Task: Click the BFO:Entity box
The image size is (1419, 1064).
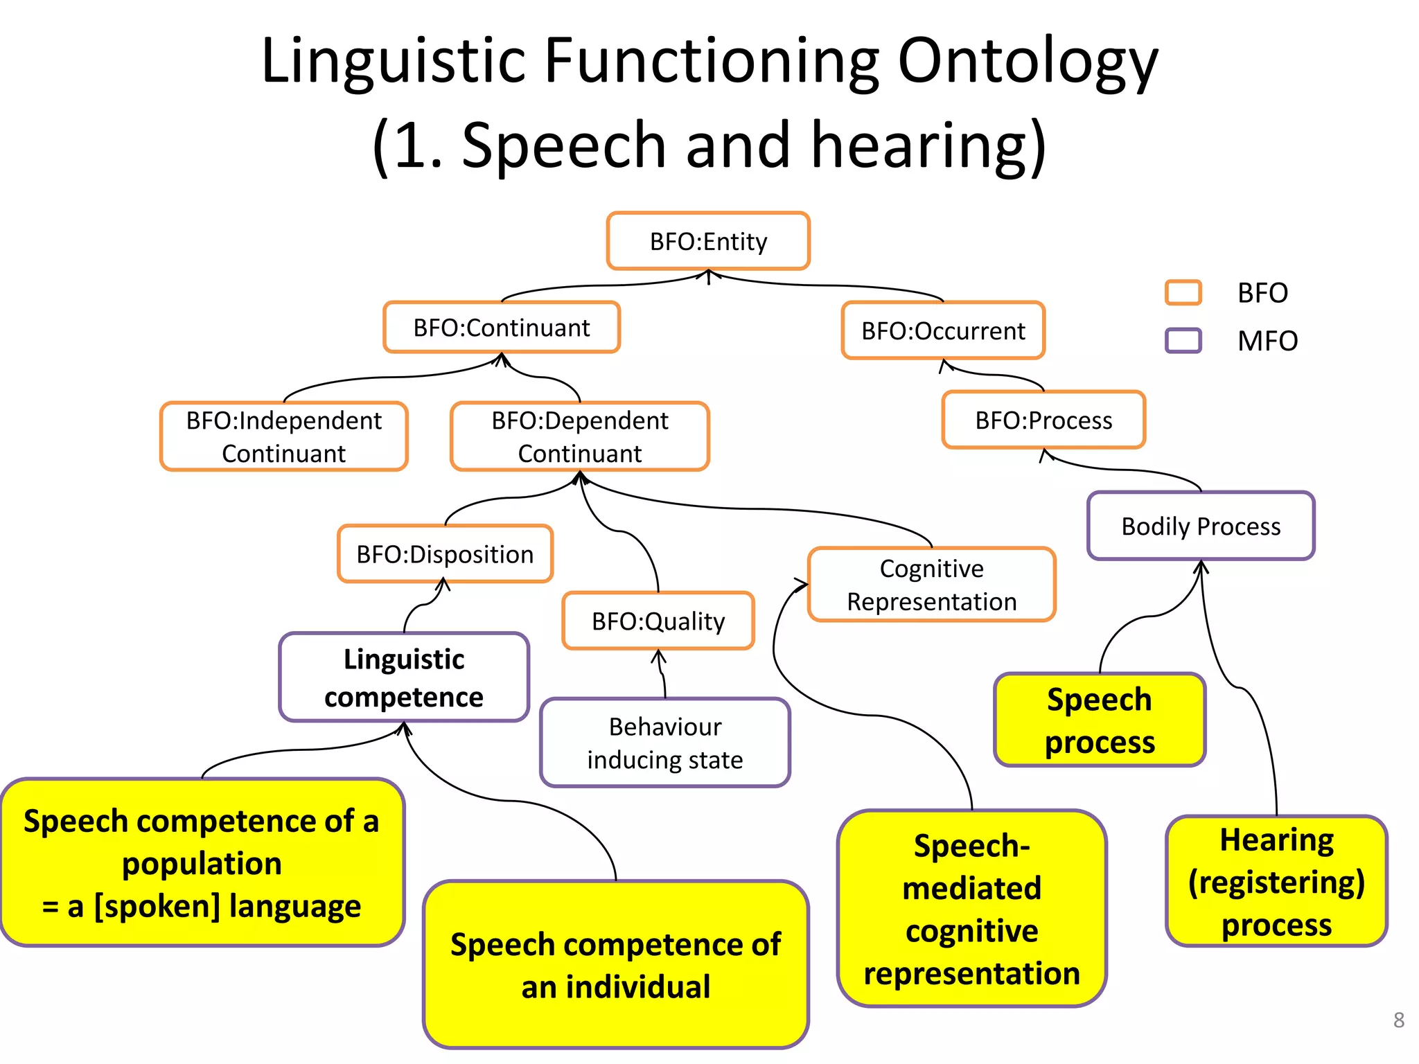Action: (x=708, y=241)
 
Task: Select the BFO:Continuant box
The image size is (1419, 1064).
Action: (x=502, y=328)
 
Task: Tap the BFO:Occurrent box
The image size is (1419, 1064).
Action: (x=943, y=330)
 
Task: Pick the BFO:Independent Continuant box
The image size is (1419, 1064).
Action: (x=284, y=436)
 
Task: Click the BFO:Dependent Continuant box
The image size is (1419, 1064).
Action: (x=580, y=436)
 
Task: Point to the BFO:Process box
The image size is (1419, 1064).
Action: (x=1043, y=420)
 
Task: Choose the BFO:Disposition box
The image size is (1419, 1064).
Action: (x=445, y=554)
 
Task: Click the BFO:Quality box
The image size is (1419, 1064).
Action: (x=658, y=621)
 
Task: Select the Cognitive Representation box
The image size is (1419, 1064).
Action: (x=931, y=585)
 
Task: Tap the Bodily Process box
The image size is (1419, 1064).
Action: (x=1201, y=526)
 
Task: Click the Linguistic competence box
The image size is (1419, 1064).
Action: (x=404, y=677)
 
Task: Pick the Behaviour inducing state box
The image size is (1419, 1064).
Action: (x=665, y=743)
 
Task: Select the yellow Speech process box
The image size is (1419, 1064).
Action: (x=1100, y=720)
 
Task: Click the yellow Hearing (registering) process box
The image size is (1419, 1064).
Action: (x=1276, y=881)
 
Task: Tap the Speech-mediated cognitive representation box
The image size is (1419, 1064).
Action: (x=971, y=908)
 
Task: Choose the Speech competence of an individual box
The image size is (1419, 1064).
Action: (x=615, y=965)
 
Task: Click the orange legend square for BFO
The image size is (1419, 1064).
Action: (x=1183, y=292)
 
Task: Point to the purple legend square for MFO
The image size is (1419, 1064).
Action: (x=1183, y=340)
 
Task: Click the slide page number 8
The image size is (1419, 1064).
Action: (x=1398, y=1020)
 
